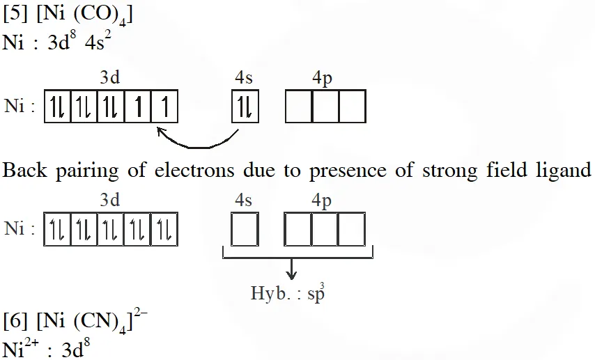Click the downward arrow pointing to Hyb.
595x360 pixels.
pyautogui.click(x=292, y=267)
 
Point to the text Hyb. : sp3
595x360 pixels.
pyautogui.click(x=287, y=293)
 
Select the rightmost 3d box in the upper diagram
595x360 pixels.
pyautogui.click(x=165, y=109)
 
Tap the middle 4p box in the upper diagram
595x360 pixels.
pyautogui.click(x=325, y=109)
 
